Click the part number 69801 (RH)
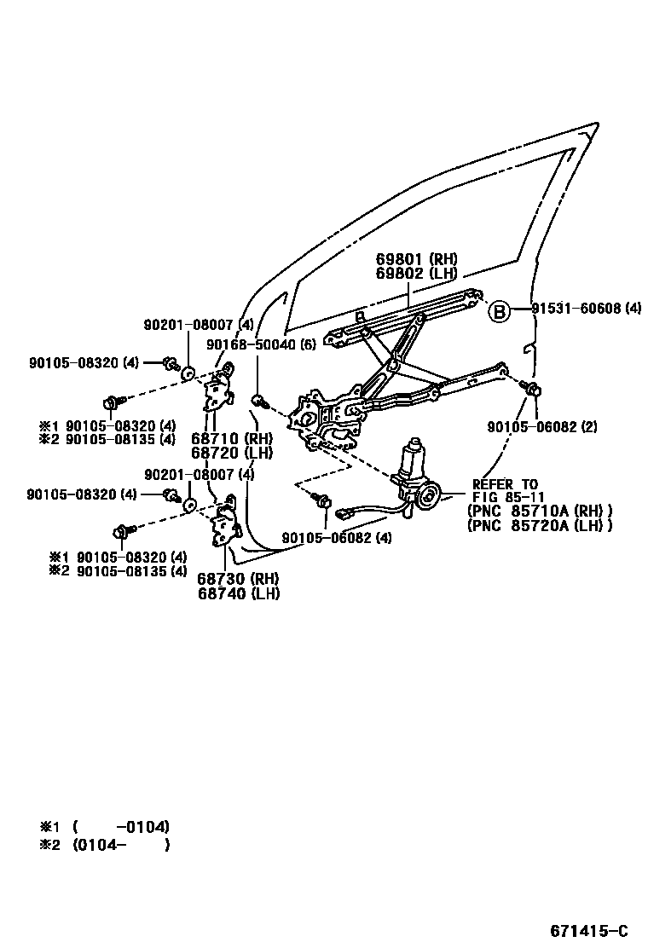point(416,259)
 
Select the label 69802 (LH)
point(416,274)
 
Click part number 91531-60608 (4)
point(587,309)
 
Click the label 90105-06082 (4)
point(338,538)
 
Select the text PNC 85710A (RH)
point(540,512)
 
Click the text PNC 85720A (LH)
point(540,526)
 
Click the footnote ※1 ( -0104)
point(106,826)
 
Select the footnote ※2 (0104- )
point(106,846)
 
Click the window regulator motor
point(415,473)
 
